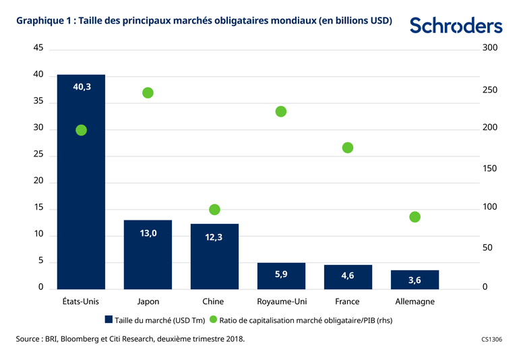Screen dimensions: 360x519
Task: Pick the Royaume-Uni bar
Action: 281,276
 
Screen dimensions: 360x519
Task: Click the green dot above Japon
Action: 148,92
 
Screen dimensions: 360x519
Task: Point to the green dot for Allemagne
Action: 415,217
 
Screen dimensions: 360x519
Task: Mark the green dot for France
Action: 348,148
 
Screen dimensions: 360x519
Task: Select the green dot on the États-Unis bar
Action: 81,130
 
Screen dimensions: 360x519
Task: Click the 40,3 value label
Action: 82,86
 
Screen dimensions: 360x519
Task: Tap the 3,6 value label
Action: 415,280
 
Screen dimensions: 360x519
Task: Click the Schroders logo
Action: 456,26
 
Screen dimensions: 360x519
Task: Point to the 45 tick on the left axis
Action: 38,49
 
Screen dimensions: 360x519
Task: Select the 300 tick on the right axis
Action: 490,49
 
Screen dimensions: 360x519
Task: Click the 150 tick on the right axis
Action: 490,169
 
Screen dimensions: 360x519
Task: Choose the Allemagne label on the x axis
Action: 415,301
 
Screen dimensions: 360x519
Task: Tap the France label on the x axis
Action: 347,301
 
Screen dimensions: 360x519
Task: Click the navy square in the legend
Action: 109,320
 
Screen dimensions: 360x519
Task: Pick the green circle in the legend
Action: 214,320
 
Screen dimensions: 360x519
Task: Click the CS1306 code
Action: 492,340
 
